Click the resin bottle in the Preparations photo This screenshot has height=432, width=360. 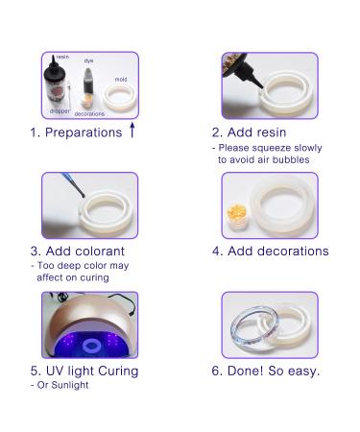53,83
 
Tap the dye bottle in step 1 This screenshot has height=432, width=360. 88,81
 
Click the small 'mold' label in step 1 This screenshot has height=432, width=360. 121,79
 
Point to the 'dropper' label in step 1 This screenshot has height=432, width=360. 60,111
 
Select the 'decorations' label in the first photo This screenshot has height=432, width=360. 89,113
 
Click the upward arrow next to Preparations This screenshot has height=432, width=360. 132,131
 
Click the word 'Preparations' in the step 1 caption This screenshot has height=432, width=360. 84,132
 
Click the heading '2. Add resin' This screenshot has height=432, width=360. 249,132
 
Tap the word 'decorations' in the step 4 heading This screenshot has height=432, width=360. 293,252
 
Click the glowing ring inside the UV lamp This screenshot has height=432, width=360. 92,347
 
